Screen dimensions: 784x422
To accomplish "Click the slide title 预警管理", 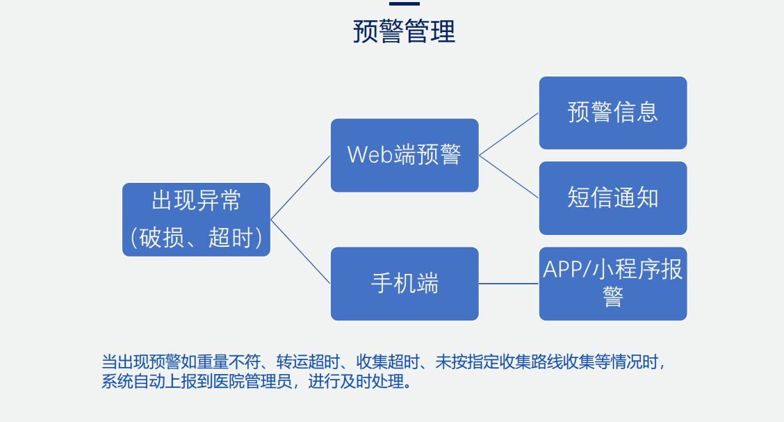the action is click(404, 31).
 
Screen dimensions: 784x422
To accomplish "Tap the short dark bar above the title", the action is click(404, 3).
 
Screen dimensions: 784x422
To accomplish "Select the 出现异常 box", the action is click(197, 220).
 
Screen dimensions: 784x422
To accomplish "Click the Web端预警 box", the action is click(405, 155).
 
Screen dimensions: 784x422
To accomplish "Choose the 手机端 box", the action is click(405, 284).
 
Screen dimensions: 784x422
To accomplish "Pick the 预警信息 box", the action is click(613, 113).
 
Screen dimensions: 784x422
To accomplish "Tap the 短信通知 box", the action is click(613, 198).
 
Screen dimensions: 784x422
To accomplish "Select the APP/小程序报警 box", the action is click(613, 284).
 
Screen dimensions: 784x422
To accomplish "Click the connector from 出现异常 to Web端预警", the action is click(300, 188).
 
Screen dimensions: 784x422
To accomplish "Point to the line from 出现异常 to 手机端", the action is click(300, 252).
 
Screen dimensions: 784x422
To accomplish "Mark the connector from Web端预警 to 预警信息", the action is click(509, 134).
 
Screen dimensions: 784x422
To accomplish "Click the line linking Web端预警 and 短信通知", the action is click(509, 177).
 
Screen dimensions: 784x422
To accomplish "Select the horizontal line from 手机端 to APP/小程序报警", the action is click(509, 284).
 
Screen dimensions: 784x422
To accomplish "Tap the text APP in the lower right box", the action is click(560, 270).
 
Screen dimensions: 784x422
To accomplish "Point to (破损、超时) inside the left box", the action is click(197, 238).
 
